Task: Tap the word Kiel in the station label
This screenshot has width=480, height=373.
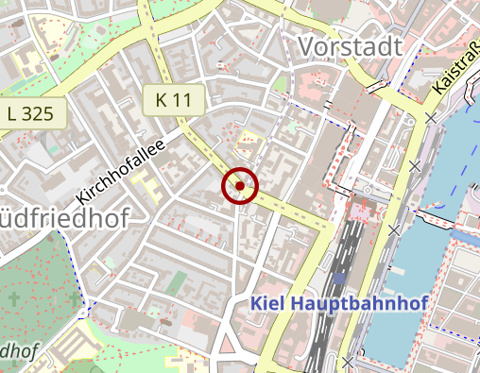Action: click(268, 304)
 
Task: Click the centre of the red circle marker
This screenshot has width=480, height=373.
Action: click(240, 186)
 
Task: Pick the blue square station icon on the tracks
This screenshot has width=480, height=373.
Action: click(340, 280)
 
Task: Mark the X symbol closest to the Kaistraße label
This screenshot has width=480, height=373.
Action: click(432, 118)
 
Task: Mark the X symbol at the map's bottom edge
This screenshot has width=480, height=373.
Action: click(349, 362)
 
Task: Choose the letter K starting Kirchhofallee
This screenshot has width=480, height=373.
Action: click(83, 198)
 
